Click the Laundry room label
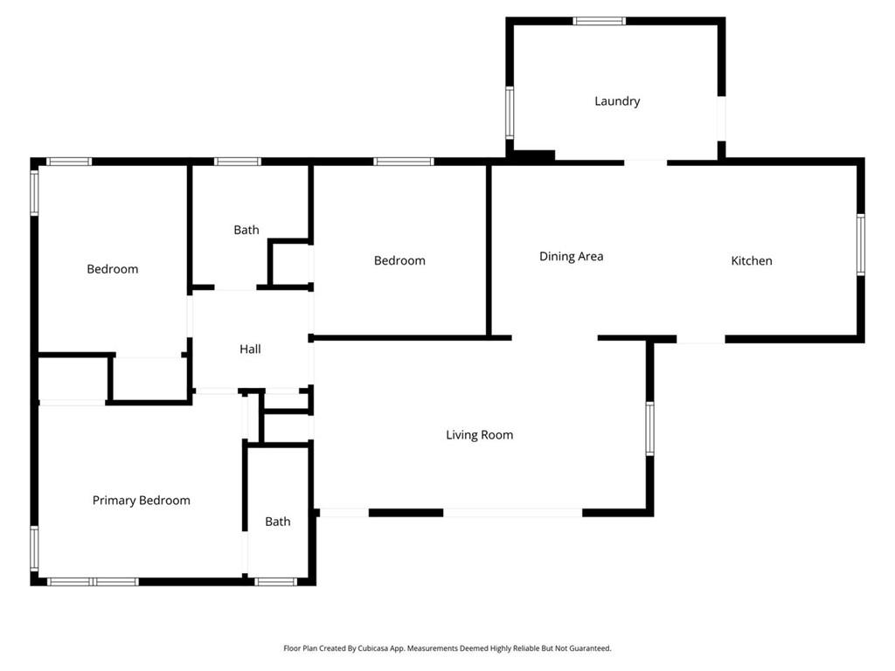coord(617,101)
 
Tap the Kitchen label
coord(751,260)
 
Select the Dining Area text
coord(572,257)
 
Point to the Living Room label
coord(480,435)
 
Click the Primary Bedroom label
coord(141,501)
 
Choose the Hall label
coord(250,349)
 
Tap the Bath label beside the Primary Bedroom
coord(277,522)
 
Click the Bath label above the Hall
coord(246,230)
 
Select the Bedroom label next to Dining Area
coord(399,260)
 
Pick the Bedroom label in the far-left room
coord(113,269)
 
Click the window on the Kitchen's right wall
coord(861,245)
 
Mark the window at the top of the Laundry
coord(600,21)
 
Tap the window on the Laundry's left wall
coord(510,113)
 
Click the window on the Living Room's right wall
coord(649,428)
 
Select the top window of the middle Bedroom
coord(404,162)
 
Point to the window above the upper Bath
coord(238,162)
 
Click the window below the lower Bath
coord(275,582)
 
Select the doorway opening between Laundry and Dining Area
coord(645,163)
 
